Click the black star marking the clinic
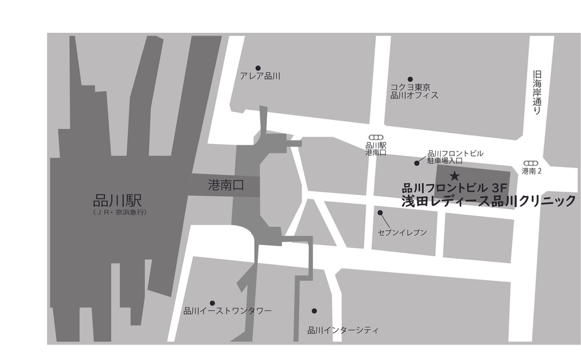[455, 176]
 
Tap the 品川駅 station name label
[117, 201]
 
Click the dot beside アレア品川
[258, 68]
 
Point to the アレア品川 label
[260, 77]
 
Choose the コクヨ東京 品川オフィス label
[414, 92]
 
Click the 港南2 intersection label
[532, 171]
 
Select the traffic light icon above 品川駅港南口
[375, 137]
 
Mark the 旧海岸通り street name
[536, 92]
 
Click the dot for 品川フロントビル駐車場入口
[417, 163]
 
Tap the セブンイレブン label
[402, 233]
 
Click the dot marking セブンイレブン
[380, 213]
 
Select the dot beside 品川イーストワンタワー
[213, 302]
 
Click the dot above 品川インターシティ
[314, 311]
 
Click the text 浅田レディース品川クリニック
[488, 201]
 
